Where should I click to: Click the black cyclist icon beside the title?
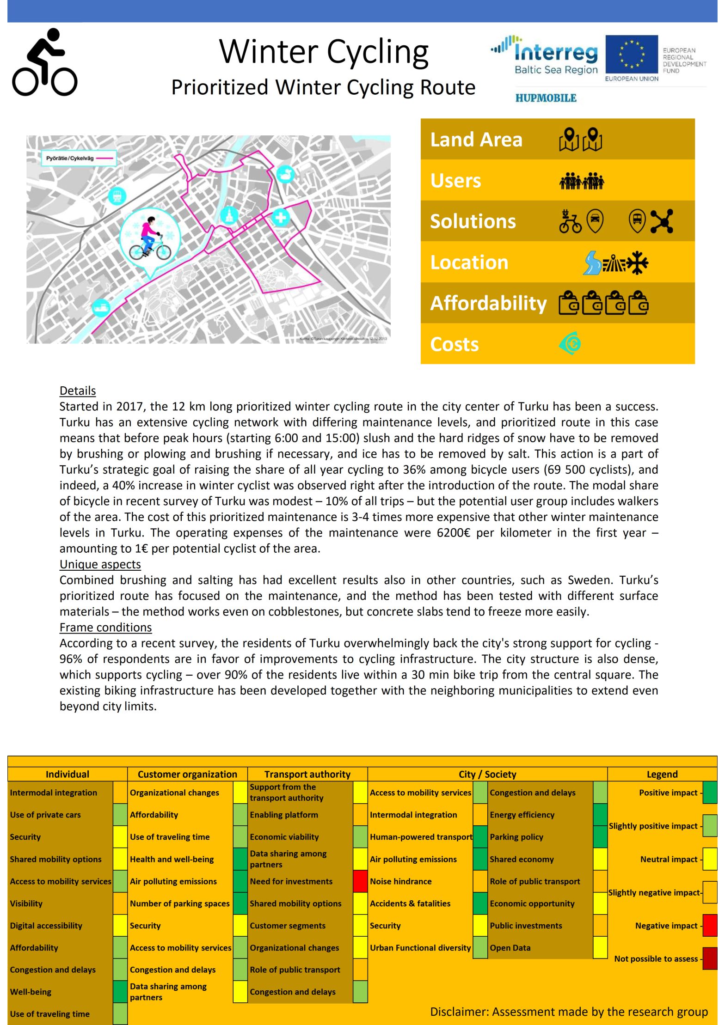point(44,62)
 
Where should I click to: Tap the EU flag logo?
point(631,55)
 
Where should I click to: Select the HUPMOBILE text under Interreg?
point(546,98)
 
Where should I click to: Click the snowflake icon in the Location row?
point(637,262)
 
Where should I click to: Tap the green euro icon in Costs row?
point(570,343)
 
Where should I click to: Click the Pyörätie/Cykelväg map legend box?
point(78,158)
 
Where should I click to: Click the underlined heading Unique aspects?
point(100,564)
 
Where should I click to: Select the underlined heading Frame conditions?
point(105,627)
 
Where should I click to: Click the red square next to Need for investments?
point(360,881)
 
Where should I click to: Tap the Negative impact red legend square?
point(710,925)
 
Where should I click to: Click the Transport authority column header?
point(307,774)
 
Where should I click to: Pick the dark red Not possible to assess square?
point(710,958)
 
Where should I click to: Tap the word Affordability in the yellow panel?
point(488,303)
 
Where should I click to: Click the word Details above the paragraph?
point(78,391)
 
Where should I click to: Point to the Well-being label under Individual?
point(31,992)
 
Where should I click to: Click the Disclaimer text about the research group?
point(569,1012)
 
